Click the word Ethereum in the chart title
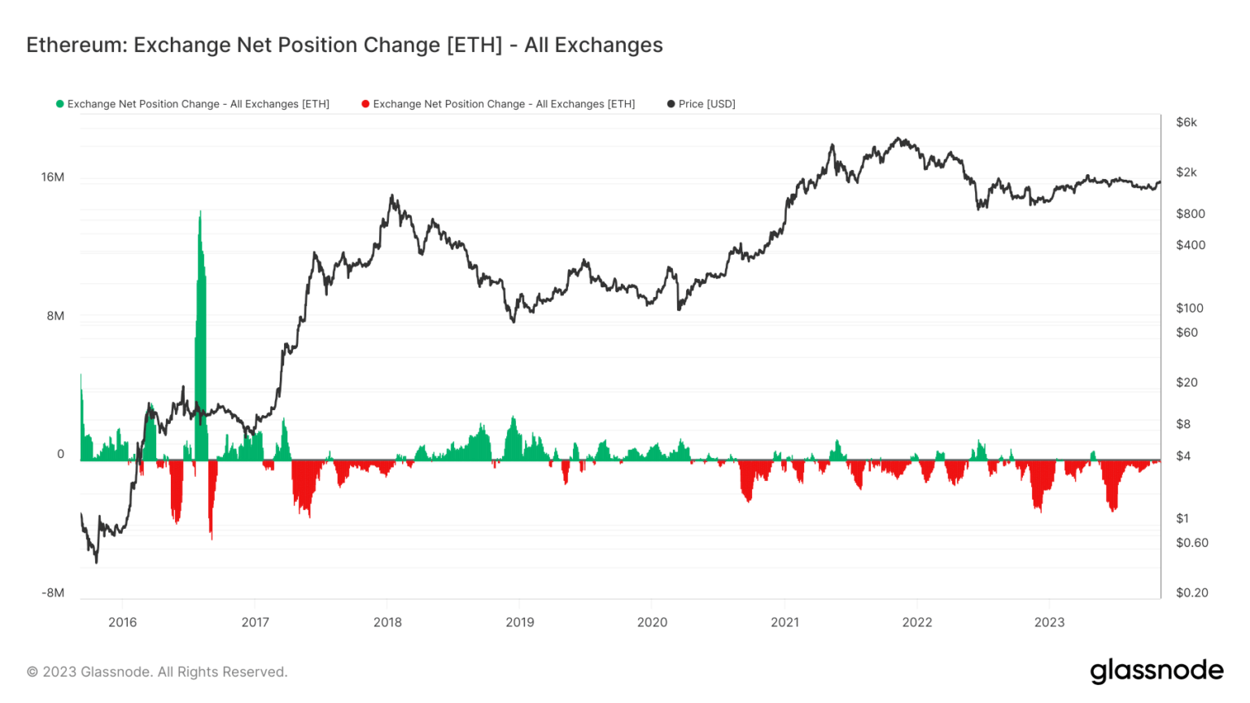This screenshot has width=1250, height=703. coord(76,45)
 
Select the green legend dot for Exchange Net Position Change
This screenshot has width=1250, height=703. coord(59,104)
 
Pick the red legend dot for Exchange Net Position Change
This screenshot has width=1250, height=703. coord(365,104)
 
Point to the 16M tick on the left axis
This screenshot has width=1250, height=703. coord(53,177)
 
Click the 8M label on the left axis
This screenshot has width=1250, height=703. coord(55,316)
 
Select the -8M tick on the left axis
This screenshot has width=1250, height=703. coord(53,593)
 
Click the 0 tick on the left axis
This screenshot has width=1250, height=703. coord(60,454)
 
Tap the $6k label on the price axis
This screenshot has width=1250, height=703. coord(1187,123)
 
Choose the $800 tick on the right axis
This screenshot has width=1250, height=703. coord(1191,214)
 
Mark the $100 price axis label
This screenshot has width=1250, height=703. coord(1190,308)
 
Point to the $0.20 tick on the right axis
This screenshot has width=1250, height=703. coord(1192,593)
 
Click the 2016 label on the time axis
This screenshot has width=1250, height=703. coord(123,622)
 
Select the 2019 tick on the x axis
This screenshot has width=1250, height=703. coord(520,622)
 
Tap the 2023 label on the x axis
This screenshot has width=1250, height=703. coord(1049,622)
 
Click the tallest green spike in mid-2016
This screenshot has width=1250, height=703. coord(200,244)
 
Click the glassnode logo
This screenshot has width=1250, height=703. coord(1156,671)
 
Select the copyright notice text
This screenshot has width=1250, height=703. coord(157,672)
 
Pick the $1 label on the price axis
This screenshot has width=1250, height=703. coord(1182,518)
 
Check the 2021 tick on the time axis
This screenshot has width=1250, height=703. coord(785,622)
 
